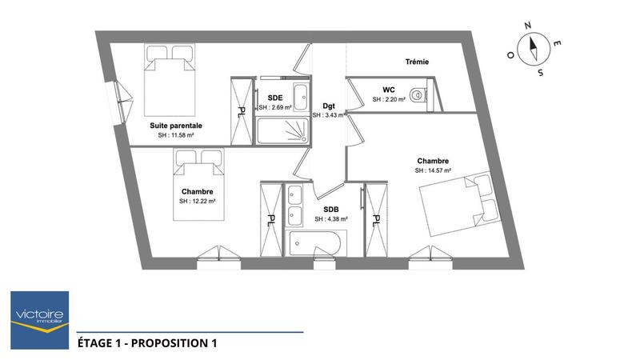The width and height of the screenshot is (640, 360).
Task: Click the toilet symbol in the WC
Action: [x=421, y=94]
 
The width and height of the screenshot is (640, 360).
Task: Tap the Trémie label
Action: [x=417, y=62]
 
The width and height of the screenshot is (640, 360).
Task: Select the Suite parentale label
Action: [x=176, y=126]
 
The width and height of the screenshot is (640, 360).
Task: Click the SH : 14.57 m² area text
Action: [x=433, y=170]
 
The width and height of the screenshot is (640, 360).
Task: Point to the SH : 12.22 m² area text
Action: [x=197, y=202]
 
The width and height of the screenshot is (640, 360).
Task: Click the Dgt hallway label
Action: [x=328, y=106]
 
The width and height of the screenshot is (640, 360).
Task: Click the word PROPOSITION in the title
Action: [x=170, y=344]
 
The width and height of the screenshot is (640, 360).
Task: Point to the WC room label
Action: [x=389, y=90]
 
